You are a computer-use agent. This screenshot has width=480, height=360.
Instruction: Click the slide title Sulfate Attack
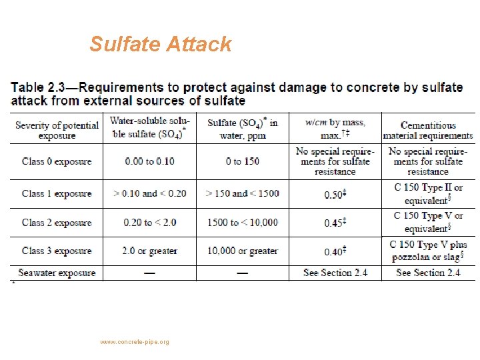tap(161, 44)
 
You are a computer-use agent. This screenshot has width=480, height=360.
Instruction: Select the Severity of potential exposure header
tap(57, 130)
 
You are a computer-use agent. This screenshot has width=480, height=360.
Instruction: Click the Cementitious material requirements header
tap(427, 130)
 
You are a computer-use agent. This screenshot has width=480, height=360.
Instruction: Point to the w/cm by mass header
tap(335, 128)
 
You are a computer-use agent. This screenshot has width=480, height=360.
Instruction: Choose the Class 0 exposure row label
tap(57, 161)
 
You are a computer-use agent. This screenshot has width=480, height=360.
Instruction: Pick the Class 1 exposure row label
tap(57, 193)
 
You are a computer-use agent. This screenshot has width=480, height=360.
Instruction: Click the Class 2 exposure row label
tap(57, 222)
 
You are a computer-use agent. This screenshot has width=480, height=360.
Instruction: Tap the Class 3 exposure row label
tap(57, 251)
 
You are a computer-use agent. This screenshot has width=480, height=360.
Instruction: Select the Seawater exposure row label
tap(57, 273)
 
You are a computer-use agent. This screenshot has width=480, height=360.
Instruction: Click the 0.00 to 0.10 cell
tap(150, 161)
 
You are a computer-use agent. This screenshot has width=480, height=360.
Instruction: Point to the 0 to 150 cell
tap(243, 161)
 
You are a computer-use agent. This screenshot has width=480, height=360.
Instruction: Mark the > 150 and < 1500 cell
tap(243, 193)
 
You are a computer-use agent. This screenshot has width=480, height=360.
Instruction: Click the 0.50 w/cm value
tap(334, 194)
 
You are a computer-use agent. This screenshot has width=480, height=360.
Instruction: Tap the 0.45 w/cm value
tap(334, 223)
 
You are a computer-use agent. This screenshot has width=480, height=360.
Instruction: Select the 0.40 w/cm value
tap(334, 251)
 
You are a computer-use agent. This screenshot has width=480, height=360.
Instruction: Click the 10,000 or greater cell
tap(243, 251)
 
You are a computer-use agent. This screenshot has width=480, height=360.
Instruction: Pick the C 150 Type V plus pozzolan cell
tap(428, 251)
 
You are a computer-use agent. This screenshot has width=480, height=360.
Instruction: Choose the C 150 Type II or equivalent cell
tap(428, 193)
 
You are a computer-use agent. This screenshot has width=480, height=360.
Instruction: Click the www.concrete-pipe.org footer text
tap(135, 342)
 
